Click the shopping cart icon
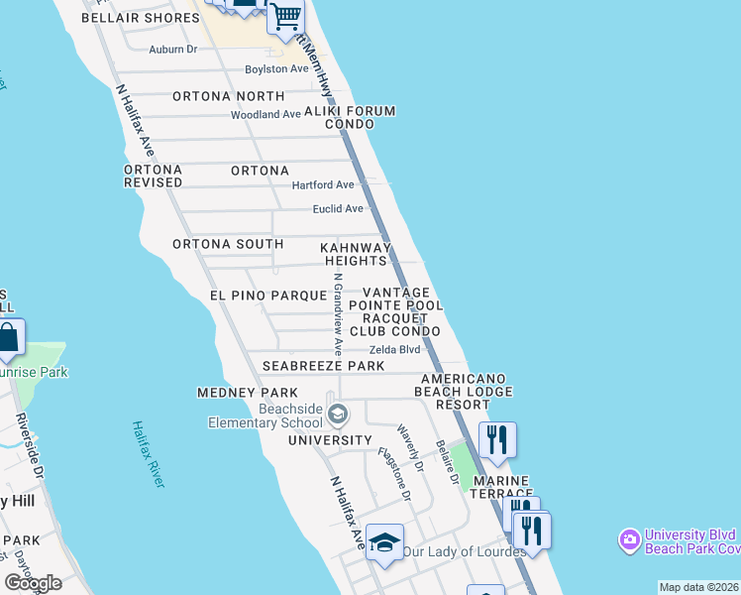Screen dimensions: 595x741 [x=285, y=18]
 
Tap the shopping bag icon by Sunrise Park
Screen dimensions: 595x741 [x=8, y=338]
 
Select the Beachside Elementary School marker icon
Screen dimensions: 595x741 [x=338, y=413]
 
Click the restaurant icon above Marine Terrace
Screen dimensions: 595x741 [x=497, y=439]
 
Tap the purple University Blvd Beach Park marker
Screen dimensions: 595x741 [x=629, y=540]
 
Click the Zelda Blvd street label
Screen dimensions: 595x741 [x=394, y=350]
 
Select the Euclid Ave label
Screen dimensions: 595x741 [x=338, y=209]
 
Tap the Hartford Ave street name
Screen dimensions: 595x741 [x=322, y=185]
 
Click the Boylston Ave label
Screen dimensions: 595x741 [x=277, y=69]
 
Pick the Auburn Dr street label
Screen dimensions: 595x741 [x=173, y=49]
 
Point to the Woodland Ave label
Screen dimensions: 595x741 [x=265, y=115]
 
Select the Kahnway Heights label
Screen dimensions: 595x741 [x=356, y=254]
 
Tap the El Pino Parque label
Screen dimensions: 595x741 [x=267, y=296]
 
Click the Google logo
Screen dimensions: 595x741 [x=34, y=582]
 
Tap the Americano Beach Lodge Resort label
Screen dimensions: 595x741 [x=463, y=392]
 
